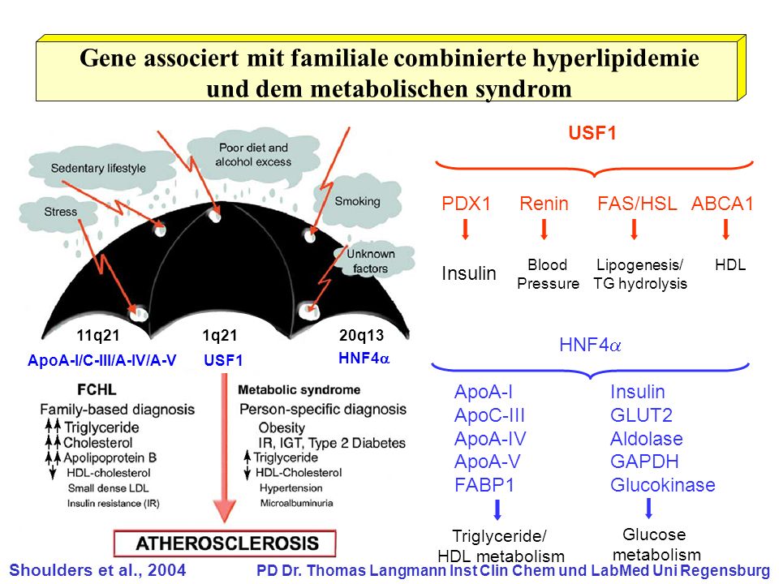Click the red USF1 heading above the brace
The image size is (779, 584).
[x=592, y=133]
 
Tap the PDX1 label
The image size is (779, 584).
[x=466, y=204]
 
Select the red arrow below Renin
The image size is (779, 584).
[x=544, y=230]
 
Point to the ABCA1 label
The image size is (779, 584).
[x=723, y=204]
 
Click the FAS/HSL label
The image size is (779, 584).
[x=638, y=204]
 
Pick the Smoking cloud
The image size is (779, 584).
[x=358, y=201]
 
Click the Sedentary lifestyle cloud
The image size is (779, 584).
[x=98, y=168]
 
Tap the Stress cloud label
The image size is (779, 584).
[x=61, y=212]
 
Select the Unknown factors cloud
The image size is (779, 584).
[x=371, y=260]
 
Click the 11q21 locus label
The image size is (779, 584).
[x=98, y=336]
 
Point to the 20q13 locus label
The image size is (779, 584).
[x=361, y=336]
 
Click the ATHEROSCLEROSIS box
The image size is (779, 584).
[x=225, y=543]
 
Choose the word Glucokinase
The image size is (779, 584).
[x=663, y=485]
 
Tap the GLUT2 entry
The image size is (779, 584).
[x=641, y=415]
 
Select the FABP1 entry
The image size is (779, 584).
[x=484, y=485]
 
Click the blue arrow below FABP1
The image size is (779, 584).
[x=497, y=510]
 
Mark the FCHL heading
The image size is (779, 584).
[x=97, y=390]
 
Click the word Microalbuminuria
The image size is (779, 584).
[x=297, y=503]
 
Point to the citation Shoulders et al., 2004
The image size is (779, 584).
[x=97, y=569]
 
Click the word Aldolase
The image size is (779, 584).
[x=647, y=439]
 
